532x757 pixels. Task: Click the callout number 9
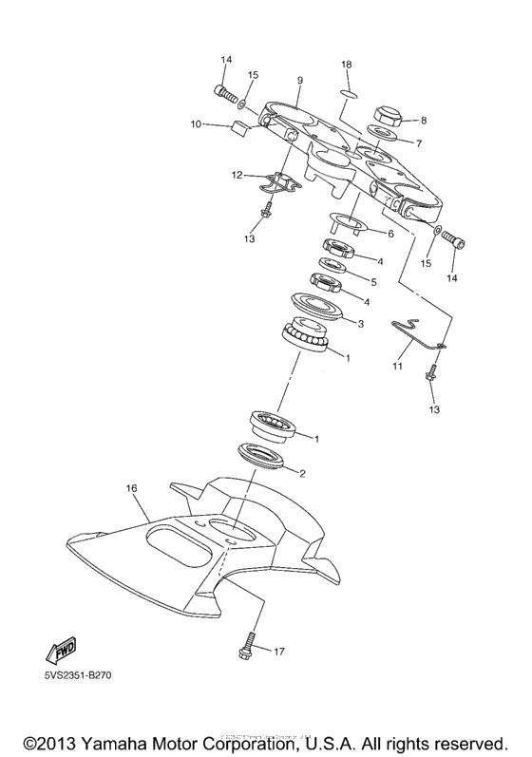point(299,81)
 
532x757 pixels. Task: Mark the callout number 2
point(303,472)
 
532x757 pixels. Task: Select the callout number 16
point(132,487)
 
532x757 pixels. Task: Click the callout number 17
point(279,652)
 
